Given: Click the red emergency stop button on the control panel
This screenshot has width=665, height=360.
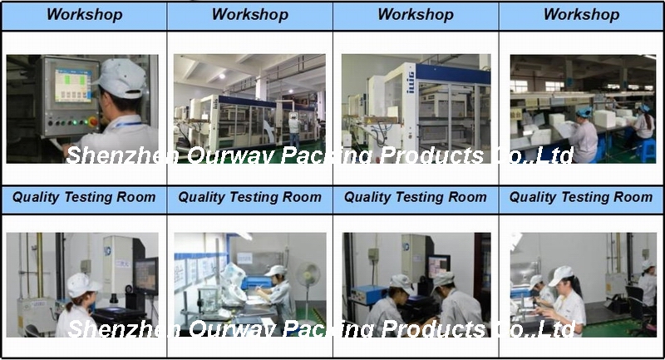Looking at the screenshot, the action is (93, 122).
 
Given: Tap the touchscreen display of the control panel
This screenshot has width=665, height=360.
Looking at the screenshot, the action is (72, 86).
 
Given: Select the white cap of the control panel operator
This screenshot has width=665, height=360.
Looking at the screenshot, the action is (121, 78).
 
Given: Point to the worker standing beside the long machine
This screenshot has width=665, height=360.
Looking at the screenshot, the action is (294, 129).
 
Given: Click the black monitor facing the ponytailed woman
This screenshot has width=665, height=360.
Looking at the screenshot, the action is (146, 276).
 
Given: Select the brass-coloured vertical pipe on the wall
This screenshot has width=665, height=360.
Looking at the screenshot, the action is (39, 264).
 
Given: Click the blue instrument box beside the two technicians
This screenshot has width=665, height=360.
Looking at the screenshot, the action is (367, 294).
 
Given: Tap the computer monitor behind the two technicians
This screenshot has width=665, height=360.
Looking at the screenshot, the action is (438, 266).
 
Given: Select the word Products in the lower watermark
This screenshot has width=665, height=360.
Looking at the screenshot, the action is (432, 328).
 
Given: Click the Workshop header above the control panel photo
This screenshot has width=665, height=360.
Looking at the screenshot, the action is (85, 15).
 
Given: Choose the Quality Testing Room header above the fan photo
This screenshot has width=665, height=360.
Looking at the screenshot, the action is (250, 197).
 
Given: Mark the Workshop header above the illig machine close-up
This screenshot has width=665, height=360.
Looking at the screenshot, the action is (416, 15).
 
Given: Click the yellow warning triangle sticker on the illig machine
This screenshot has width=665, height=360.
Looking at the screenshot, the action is (368, 121).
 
